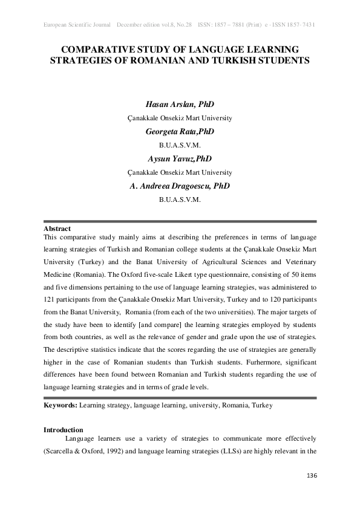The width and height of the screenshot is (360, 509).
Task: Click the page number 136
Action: pos(312,476)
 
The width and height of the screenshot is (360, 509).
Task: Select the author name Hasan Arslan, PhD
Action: pos(180,105)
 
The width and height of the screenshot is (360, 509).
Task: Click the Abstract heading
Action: pos(57,229)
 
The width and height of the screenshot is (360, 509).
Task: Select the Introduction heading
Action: pos(62,429)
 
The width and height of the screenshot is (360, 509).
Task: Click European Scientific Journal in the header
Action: pos(77,25)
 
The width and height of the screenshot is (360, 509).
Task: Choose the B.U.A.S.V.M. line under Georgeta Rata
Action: pos(180,146)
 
